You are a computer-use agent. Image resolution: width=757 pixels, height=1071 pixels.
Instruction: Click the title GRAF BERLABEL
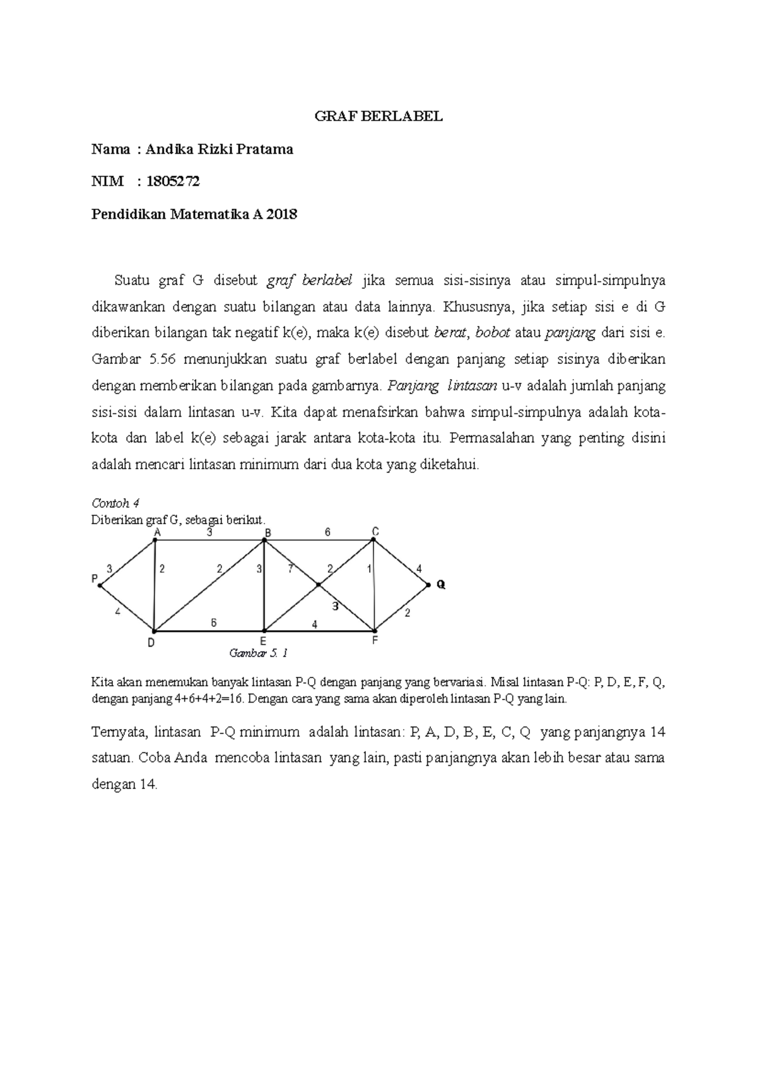pyautogui.click(x=378, y=117)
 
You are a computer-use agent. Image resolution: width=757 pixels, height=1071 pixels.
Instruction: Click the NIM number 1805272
pyautogui.click(x=173, y=182)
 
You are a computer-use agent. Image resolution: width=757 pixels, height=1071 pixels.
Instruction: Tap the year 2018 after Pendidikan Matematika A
pyautogui.click(x=281, y=214)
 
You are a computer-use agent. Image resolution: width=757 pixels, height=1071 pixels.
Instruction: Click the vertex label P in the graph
pyautogui.click(x=95, y=578)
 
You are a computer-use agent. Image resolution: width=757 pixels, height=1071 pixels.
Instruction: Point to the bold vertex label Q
pyautogui.click(x=441, y=585)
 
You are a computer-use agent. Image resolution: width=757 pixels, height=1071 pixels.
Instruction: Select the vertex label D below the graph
pyautogui.click(x=151, y=643)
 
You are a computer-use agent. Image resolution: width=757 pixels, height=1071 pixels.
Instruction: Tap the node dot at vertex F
pyautogui.click(x=375, y=630)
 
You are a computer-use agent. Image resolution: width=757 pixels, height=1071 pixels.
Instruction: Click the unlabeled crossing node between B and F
pyautogui.click(x=319, y=585)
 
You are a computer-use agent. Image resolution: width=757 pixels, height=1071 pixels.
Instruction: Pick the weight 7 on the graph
pyautogui.click(x=290, y=568)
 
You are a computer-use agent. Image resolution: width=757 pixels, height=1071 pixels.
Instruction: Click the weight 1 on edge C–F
pyautogui.click(x=369, y=569)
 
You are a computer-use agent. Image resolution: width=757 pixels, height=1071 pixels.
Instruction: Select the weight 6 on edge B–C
pyautogui.click(x=327, y=532)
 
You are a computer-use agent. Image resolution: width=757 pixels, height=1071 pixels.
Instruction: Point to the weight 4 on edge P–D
pyautogui.click(x=118, y=611)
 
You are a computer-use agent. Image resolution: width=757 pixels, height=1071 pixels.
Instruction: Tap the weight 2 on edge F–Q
pyautogui.click(x=407, y=612)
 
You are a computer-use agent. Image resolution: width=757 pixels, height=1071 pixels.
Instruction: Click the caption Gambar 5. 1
pyautogui.click(x=259, y=653)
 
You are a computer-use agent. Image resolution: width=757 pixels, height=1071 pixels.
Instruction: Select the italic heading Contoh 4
pyautogui.click(x=115, y=503)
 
